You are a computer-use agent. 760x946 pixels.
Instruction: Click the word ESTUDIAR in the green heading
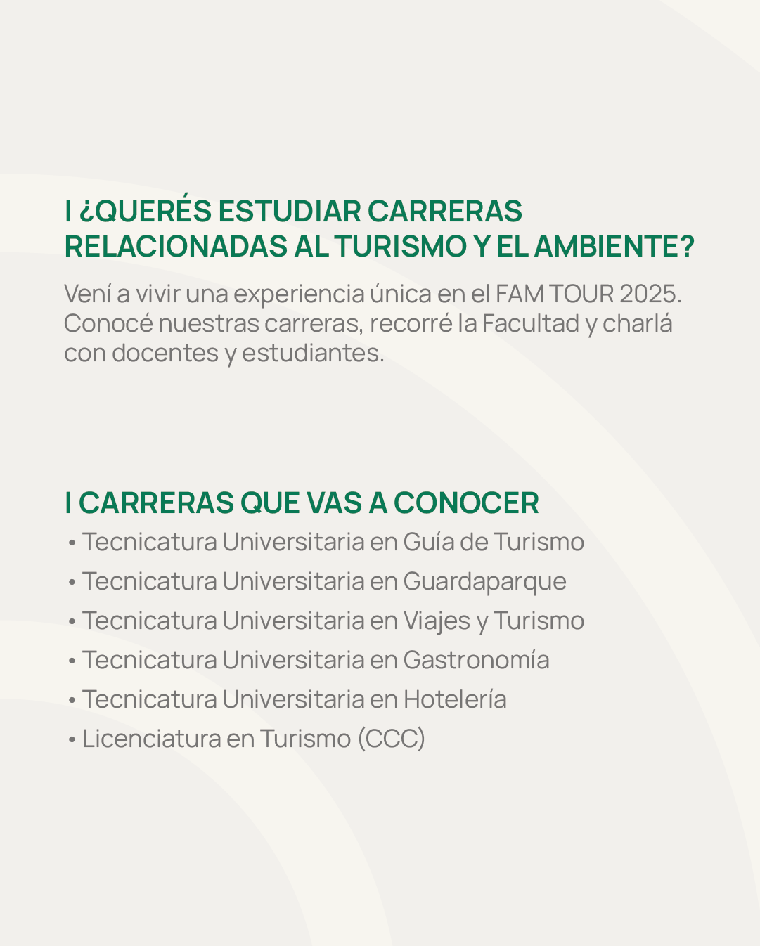tap(290, 211)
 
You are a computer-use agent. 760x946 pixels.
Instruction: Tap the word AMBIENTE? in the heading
tap(614, 246)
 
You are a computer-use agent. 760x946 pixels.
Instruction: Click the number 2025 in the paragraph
tap(650, 294)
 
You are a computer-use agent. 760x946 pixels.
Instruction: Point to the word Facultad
tap(531, 323)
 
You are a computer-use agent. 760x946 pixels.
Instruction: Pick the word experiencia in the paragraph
tap(299, 294)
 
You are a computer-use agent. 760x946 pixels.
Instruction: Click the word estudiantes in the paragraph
tap(313, 353)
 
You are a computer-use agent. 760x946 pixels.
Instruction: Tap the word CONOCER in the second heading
tap(466, 503)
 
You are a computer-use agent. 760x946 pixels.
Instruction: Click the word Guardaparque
tap(484, 582)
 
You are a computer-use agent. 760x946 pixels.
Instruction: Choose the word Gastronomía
tap(477, 660)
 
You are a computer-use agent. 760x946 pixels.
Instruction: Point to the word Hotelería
tap(455, 699)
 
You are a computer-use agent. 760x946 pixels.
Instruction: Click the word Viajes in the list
tap(437, 621)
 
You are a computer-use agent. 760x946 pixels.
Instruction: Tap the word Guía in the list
tap(429, 542)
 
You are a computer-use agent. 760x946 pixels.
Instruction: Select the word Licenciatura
tap(152, 739)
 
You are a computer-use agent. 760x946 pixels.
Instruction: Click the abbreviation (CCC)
tap(392, 739)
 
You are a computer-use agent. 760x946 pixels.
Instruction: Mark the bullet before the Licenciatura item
tap(72, 740)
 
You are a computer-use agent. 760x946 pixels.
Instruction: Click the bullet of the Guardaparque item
tap(72, 583)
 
